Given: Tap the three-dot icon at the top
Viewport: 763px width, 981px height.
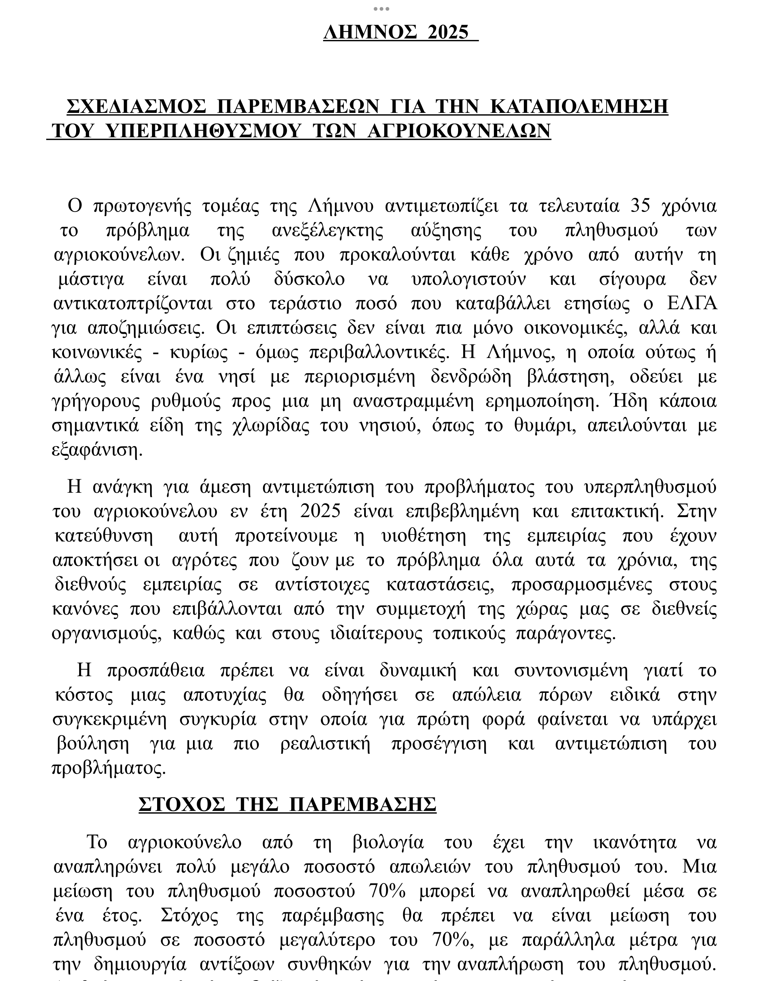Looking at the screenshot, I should [x=381, y=9].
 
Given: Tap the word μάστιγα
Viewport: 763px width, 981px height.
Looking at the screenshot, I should [x=91, y=279].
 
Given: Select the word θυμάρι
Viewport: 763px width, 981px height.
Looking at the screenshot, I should [x=545, y=425].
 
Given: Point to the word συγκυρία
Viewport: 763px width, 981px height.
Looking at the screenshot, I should [x=218, y=719].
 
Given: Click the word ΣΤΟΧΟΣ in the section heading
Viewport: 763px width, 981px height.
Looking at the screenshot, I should [x=182, y=805].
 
